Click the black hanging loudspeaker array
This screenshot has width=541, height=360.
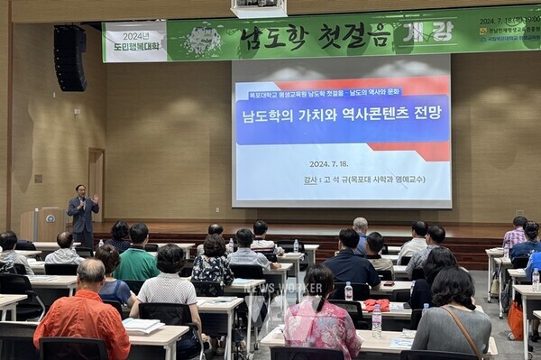point(69,57)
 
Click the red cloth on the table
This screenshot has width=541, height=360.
point(376,305)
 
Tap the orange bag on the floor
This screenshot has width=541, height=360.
point(516,319)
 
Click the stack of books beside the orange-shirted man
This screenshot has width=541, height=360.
point(142,325)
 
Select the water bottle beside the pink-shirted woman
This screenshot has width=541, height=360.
point(376,322)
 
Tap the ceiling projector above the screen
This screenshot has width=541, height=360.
point(258,8)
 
